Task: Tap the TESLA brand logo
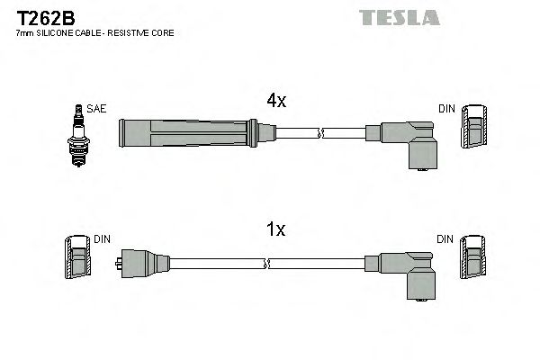399,17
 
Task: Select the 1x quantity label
276,229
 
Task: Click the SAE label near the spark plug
97,109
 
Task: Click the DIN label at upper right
446,109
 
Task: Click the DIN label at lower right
445,239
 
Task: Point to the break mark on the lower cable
267,264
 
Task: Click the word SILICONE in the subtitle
56,32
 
